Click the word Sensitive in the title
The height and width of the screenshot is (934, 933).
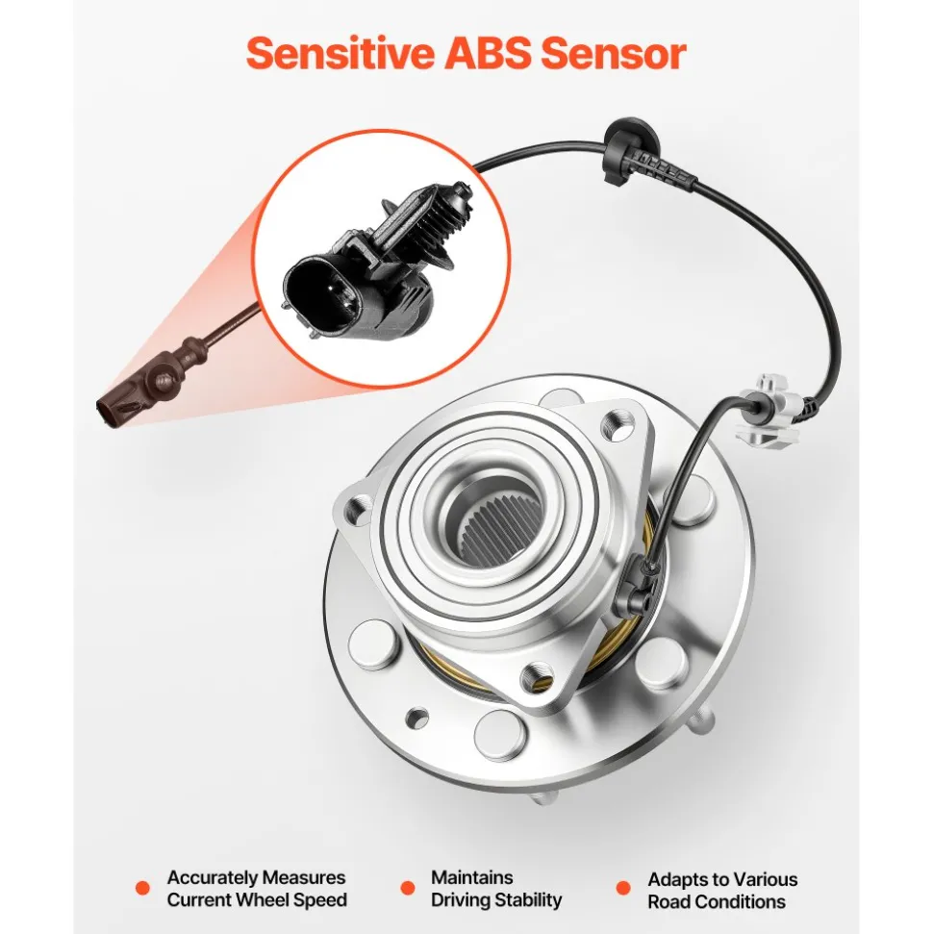pos(340,54)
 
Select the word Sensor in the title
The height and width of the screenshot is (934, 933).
pos(614,54)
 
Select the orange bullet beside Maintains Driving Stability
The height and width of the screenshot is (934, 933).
pos(408,888)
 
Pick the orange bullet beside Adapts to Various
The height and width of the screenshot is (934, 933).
pos(623,888)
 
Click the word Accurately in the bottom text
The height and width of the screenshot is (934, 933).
pos(213,878)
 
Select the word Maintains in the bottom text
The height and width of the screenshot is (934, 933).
pos(472,877)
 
